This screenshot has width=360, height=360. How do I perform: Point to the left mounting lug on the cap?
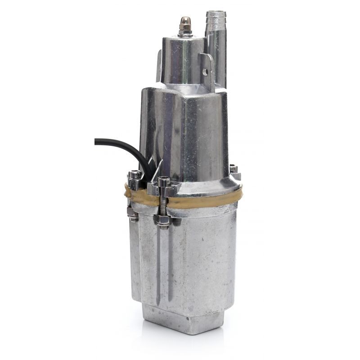[159, 63]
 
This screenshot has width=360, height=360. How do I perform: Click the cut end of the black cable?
[96, 142]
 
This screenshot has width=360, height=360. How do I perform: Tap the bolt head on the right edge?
[234, 171]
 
